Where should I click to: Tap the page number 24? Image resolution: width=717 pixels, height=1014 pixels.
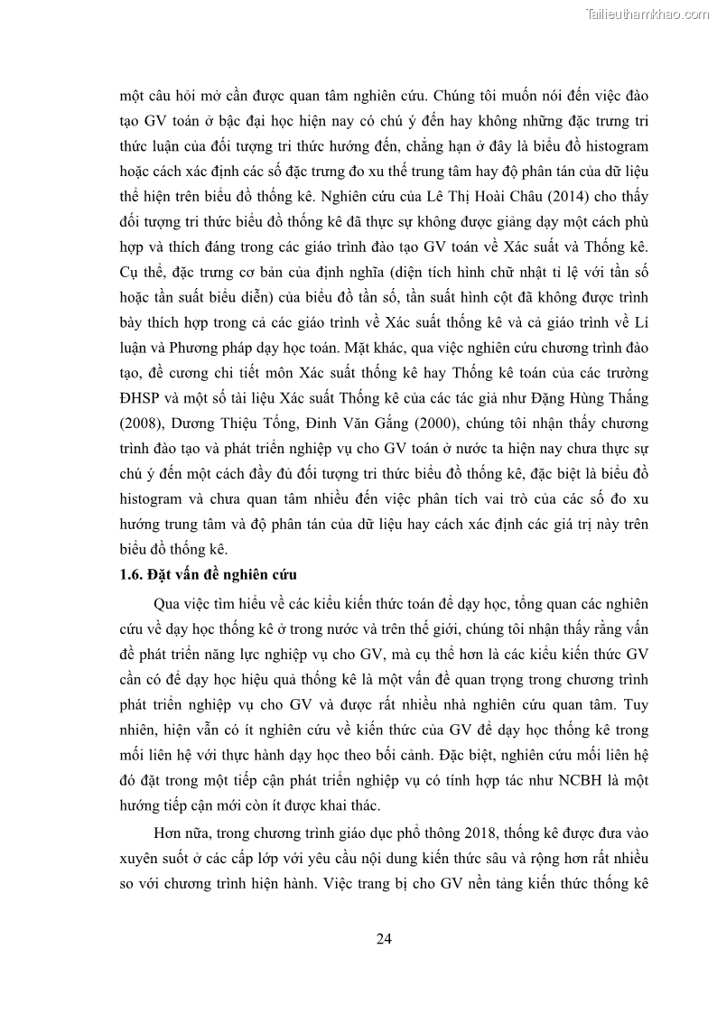tap(384, 938)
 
